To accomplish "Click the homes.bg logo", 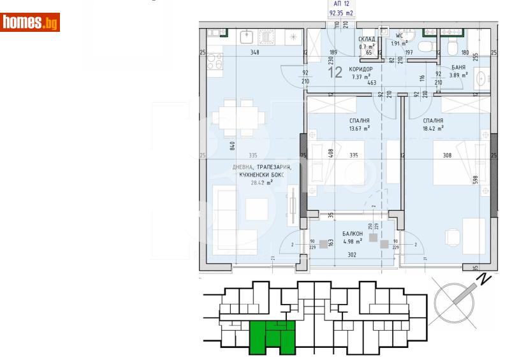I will [31, 23].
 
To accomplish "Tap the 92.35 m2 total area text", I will [341, 12].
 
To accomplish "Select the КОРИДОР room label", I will [361, 69].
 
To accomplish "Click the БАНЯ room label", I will [458, 67].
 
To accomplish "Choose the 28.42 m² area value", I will [261, 182].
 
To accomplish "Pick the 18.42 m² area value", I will [432, 128].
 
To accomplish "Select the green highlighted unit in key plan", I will [272, 336].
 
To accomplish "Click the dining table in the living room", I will [237, 119].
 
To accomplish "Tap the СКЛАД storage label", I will [365, 39].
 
